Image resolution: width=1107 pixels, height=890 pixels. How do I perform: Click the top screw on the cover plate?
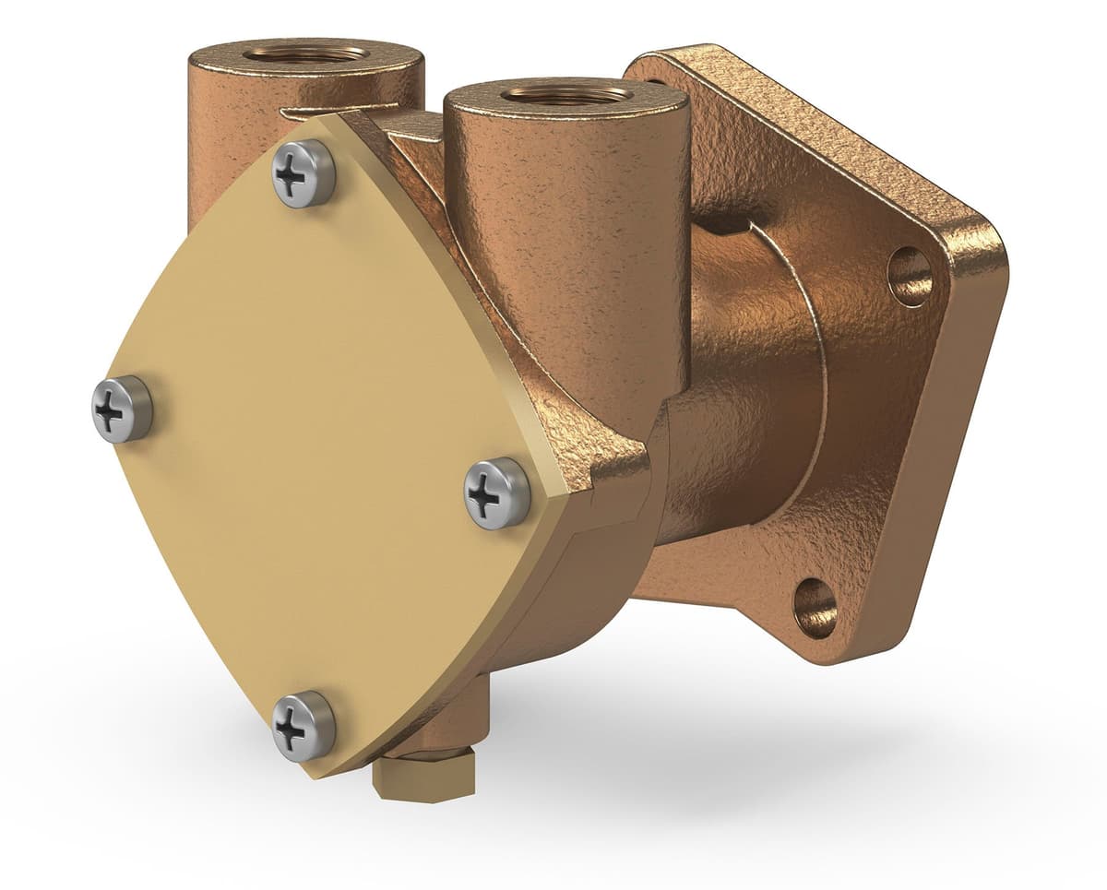tap(304, 173)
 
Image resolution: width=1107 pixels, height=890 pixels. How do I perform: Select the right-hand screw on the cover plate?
tap(496, 494)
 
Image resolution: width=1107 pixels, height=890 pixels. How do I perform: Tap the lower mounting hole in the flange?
tap(815, 607)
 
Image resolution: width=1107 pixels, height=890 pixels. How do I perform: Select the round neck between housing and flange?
tap(738, 415)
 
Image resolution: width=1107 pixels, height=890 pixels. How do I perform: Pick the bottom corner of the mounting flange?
tap(830, 650)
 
